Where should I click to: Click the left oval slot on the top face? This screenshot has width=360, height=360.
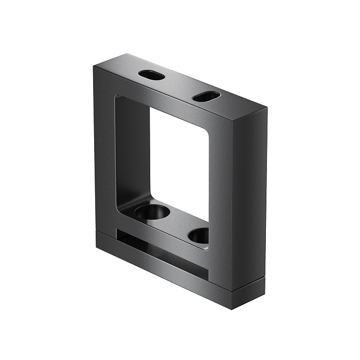[x=152, y=75]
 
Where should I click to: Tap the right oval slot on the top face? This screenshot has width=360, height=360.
[x=206, y=96]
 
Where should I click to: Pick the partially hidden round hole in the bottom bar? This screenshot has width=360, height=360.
[x=200, y=236]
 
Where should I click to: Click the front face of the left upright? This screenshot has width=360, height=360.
[x=105, y=154]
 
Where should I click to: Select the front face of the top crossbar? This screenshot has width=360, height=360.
[x=165, y=103]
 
